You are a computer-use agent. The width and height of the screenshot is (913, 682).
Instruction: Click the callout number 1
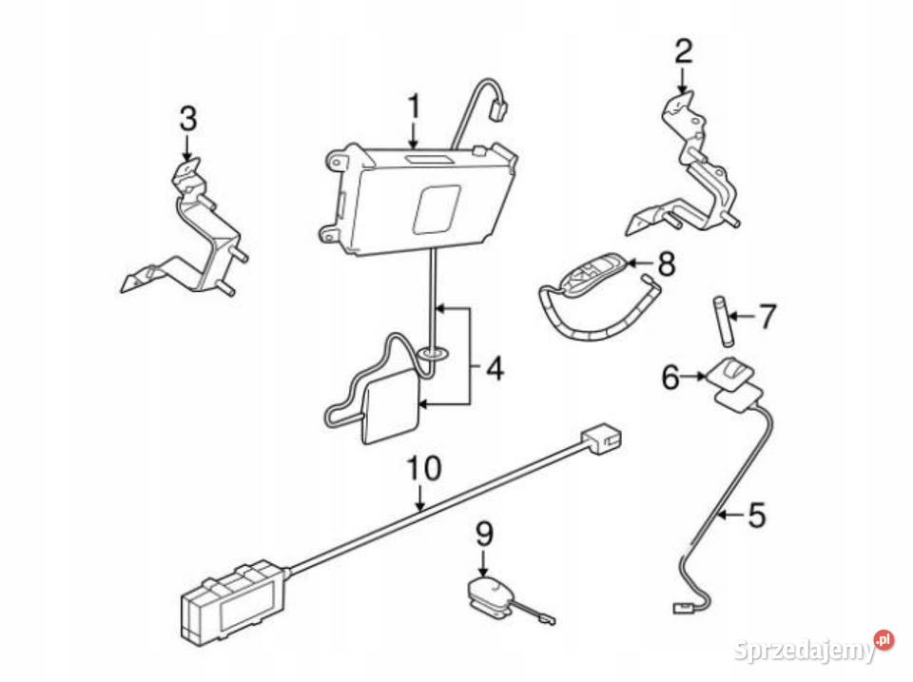click(414, 107)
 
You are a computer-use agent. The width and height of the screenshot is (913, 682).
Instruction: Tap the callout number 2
click(683, 51)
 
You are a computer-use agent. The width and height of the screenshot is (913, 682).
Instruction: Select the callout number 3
click(187, 120)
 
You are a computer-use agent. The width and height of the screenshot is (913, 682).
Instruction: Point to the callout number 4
click(493, 367)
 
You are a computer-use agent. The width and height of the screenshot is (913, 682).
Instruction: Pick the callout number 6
click(671, 378)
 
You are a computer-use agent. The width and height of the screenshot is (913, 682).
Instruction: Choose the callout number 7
click(767, 314)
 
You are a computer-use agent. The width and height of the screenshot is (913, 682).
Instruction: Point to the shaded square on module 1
click(437, 207)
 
